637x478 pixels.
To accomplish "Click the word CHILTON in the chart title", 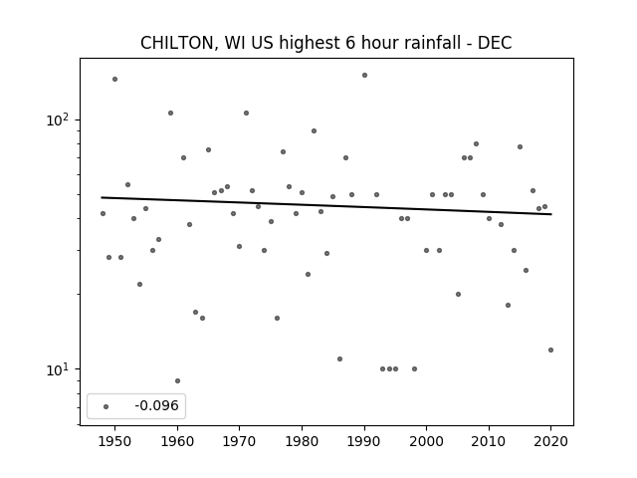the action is (177, 43).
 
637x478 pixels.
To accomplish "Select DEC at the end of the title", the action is (495, 43).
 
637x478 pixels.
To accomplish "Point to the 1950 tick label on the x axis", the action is (115, 441).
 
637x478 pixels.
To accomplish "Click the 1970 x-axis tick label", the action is (239, 441).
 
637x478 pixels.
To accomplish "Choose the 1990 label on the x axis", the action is (364, 441).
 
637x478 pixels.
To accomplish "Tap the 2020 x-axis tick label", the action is (550, 441).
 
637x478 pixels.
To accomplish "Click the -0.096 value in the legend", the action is (156, 405).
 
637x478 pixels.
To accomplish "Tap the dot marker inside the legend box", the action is (106, 406).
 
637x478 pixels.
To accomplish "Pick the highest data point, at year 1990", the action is (365, 76).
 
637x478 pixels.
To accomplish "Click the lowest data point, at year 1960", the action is (177, 380).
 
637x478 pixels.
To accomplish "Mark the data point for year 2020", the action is (550, 350).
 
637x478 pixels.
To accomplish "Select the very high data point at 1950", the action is (115, 80).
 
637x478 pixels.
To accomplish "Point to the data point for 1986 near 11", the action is (339, 358).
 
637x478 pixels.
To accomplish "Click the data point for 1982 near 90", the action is (315, 130).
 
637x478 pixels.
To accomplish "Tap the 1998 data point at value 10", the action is (414, 369).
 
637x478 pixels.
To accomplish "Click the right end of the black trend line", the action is (551, 214).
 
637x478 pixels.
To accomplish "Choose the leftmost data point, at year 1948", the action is (103, 213).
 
